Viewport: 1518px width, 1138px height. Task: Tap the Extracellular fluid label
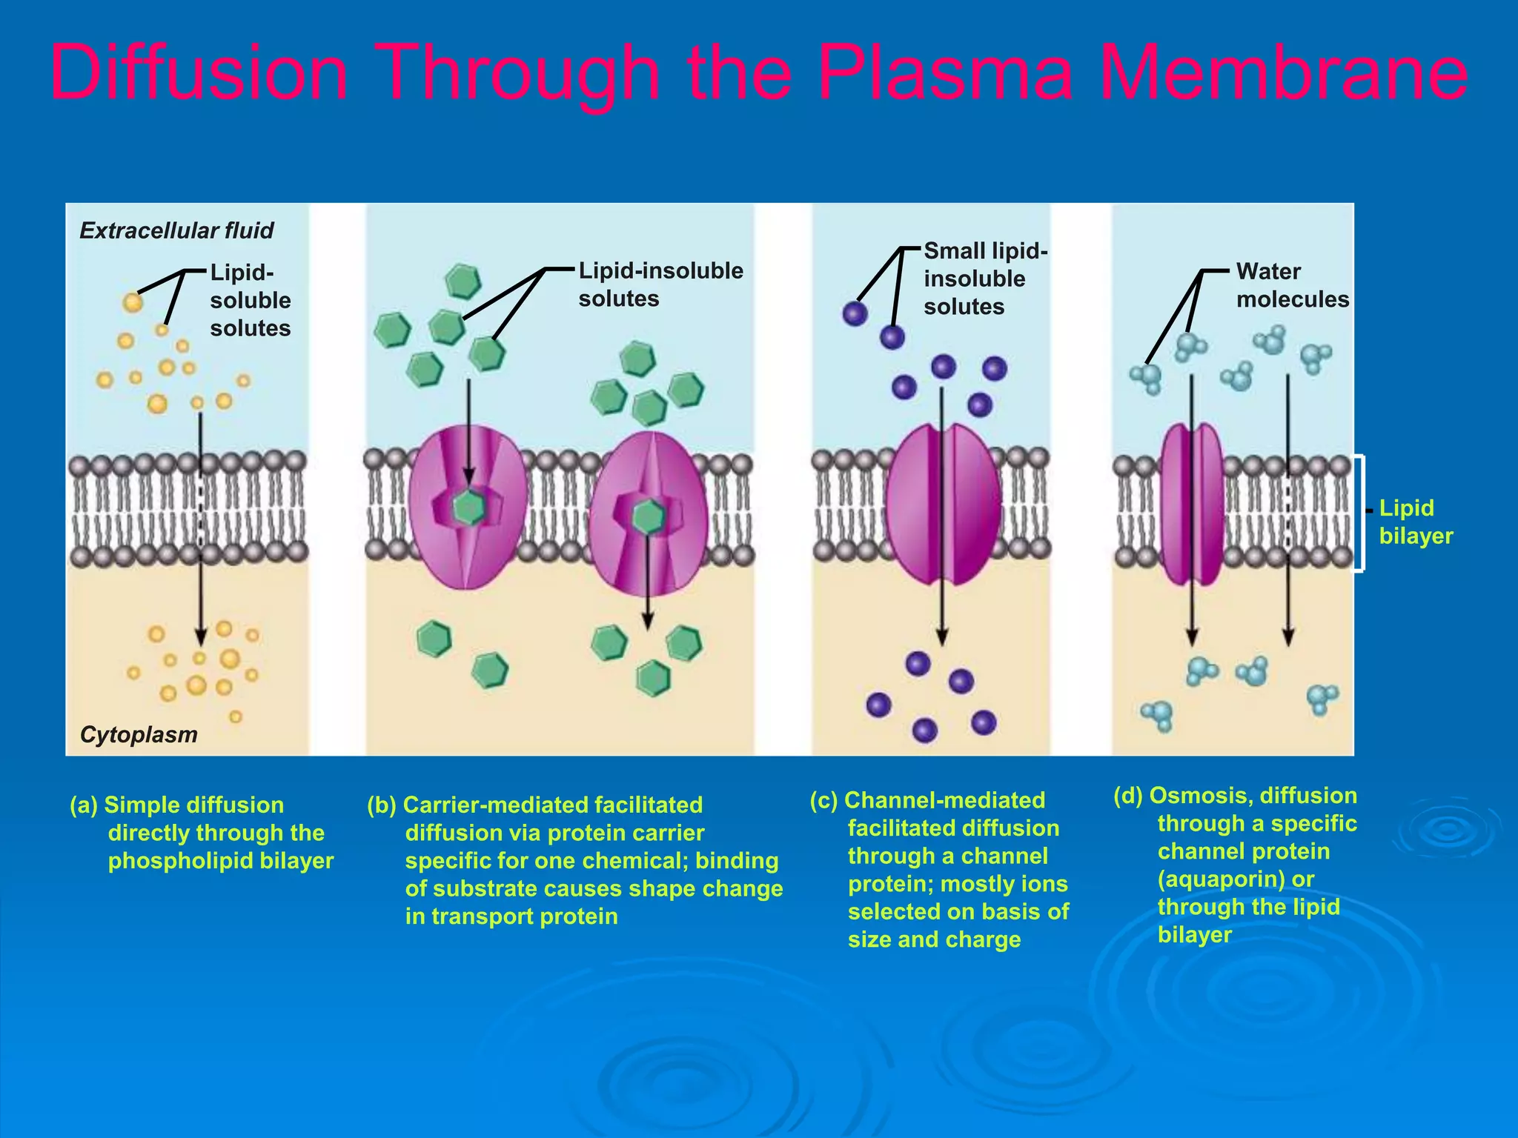tap(176, 230)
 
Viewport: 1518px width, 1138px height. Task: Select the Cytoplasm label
tap(139, 734)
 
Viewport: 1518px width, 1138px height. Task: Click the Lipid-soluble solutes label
tap(250, 300)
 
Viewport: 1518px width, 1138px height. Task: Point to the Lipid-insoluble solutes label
tap(660, 284)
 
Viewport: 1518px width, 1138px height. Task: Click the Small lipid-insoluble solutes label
tap(984, 279)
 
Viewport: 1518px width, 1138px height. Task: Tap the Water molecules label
tap(1292, 285)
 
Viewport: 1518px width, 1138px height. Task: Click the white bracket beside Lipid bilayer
tap(1361, 513)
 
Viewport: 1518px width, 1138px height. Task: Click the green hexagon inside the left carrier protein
tap(468, 508)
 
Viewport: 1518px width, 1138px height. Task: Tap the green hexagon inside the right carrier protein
tap(648, 516)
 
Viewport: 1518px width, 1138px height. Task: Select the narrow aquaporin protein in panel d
tap(1191, 504)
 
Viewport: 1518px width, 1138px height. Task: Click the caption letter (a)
tap(83, 805)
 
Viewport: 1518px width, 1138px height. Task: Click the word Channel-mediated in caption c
tap(944, 800)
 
